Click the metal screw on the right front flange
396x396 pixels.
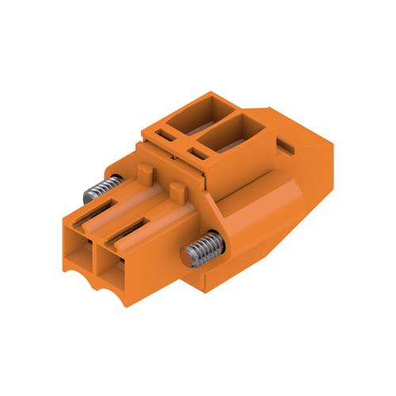tap(202, 249)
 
